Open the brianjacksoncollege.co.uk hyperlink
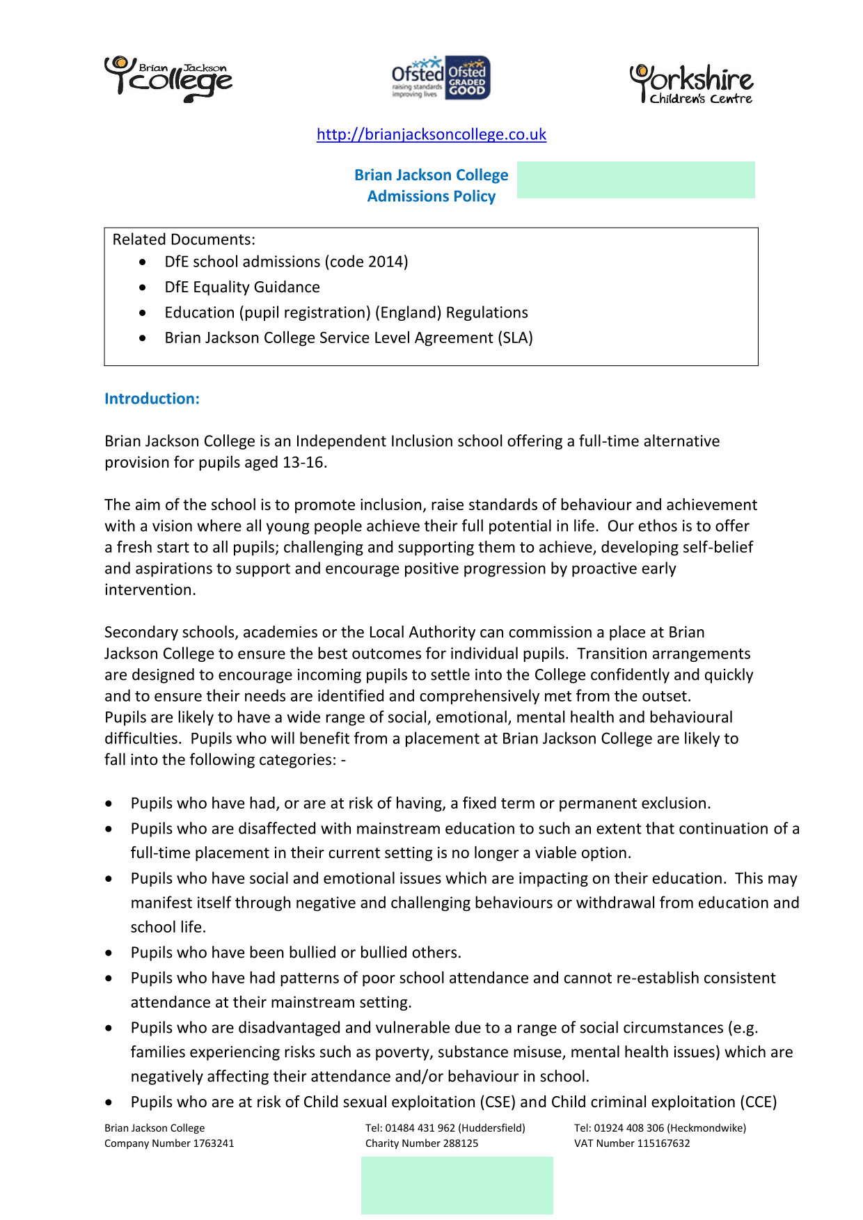point(431,134)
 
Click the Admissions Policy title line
point(431,196)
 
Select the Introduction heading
point(152,399)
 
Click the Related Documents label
point(184,239)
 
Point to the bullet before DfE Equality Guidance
point(143,287)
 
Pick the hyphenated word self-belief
point(718,547)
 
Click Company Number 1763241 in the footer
point(169,1143)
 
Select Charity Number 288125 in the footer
point(422,1143)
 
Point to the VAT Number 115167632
point(632,1143)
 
